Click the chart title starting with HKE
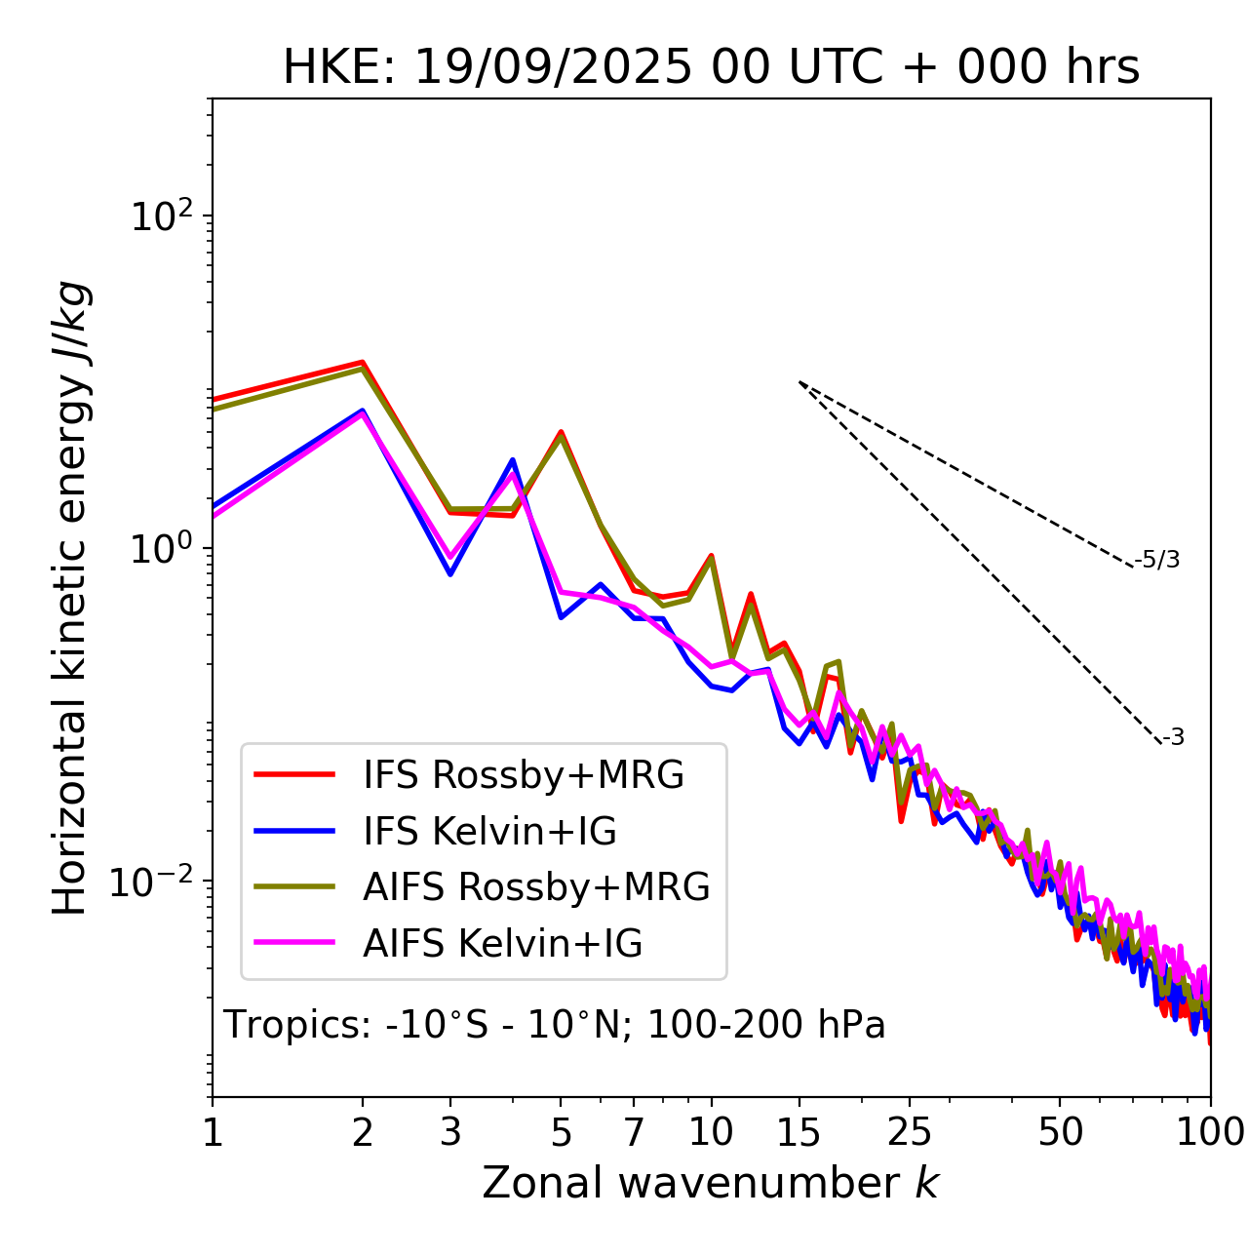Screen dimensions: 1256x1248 point(711,68)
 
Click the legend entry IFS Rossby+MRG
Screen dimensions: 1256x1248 point(523,775)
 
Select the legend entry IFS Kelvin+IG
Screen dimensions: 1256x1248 point(489,832)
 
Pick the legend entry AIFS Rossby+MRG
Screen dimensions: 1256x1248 point(536,887)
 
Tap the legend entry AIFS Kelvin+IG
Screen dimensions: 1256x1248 point(502,944)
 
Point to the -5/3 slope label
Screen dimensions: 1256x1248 point(1157,561)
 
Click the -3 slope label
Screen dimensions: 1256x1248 point(1173,738)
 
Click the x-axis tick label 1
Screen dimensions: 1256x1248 point(213,1132)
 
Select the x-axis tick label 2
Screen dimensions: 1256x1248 point(363,1132)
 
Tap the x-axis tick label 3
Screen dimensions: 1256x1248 point(450,1132)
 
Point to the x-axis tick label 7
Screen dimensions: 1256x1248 point(634,1132)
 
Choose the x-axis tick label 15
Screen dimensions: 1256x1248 point(799,1132)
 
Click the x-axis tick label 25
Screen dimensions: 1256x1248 point(910,1132)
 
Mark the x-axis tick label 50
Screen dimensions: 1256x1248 point(1060,1132)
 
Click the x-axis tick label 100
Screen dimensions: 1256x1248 point(1210,1132)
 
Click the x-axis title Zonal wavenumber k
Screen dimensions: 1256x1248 point(710,1183)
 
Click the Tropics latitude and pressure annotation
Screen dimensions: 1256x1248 point(554,1026)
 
